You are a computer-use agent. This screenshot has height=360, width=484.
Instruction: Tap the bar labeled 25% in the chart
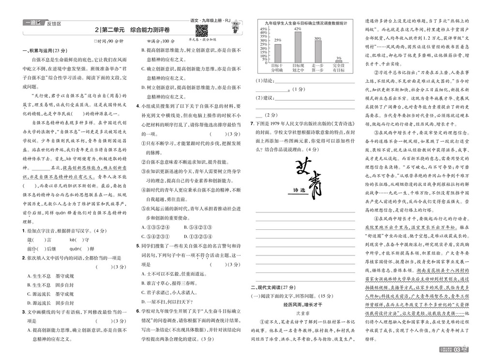(278, 53)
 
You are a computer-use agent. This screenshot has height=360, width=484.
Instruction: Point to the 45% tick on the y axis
(264, 29)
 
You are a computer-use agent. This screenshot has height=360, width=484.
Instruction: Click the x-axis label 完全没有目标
(338, 67)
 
